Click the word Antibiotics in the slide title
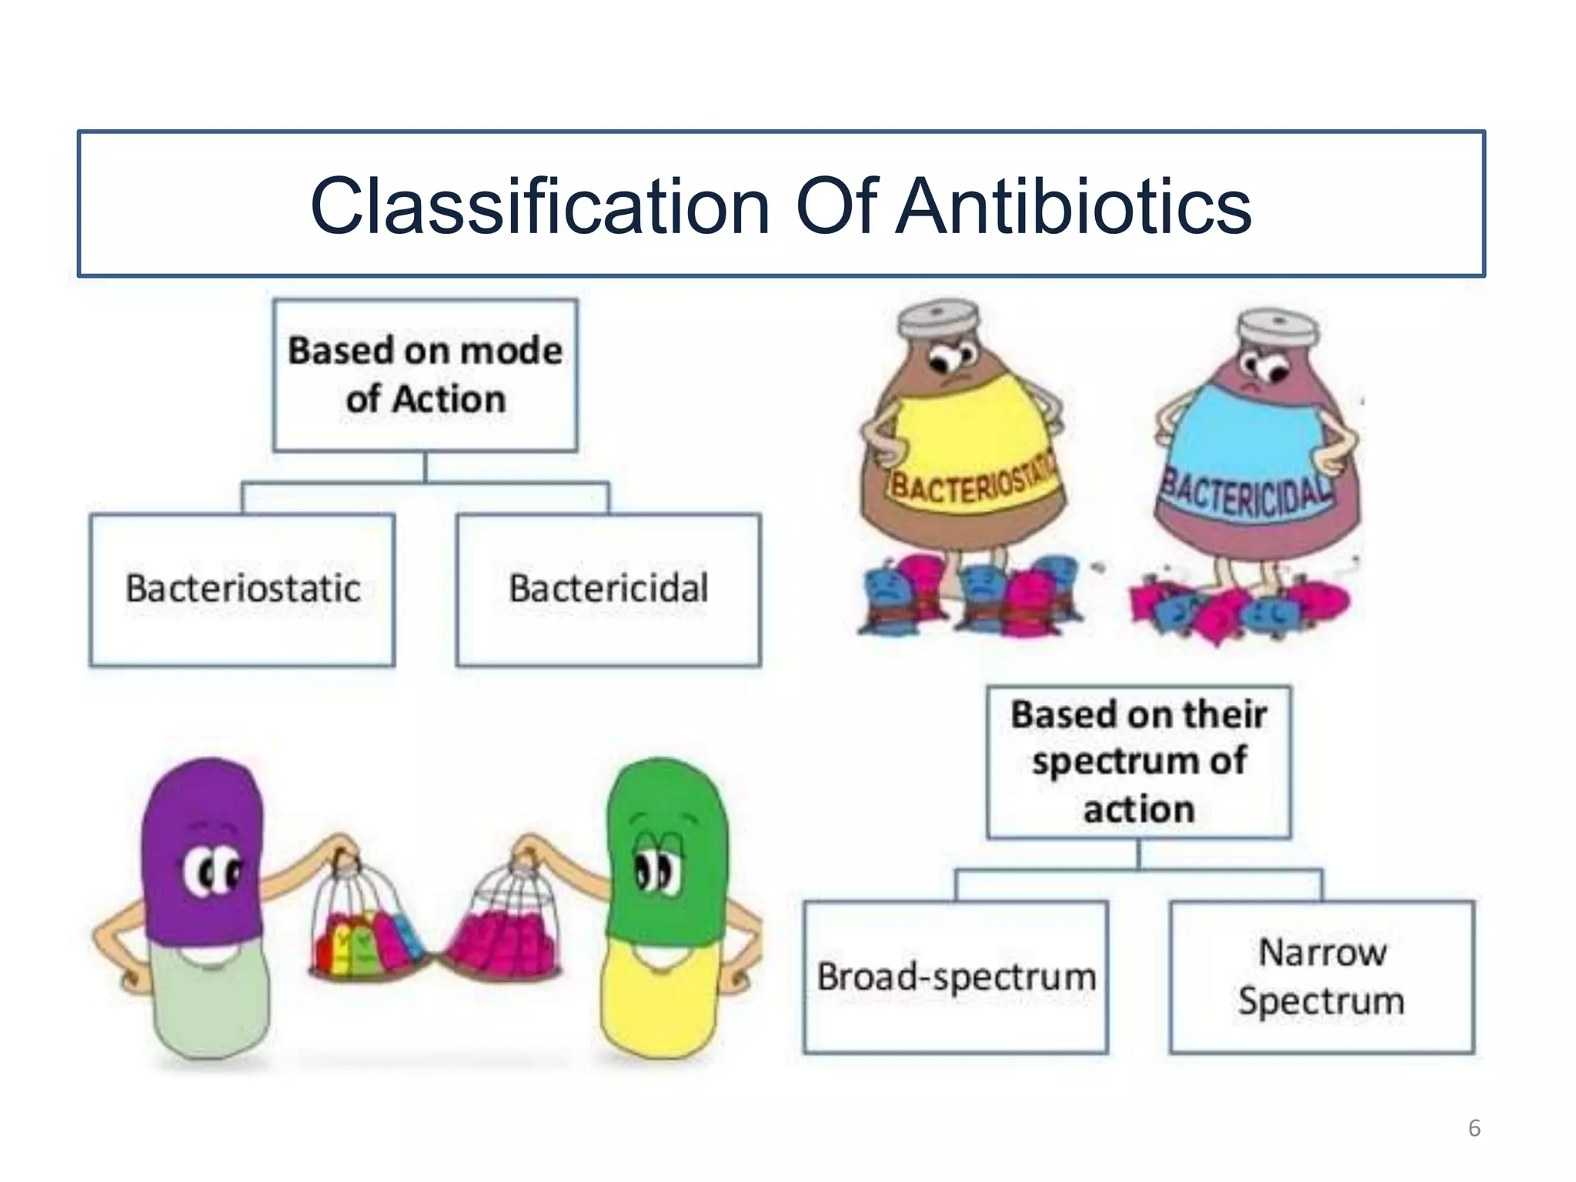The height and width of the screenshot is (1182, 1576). click(x=1074, y=206)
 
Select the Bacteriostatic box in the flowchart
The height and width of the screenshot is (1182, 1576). click(x=242, y=589)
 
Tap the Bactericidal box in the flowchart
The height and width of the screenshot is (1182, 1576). click(x=608, y=589)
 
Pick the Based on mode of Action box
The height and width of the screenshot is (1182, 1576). click(x=425, y=375)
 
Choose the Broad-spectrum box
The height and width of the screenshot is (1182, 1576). click(x=956, y=977)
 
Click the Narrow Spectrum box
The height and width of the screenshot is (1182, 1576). click(x=1321, y=977)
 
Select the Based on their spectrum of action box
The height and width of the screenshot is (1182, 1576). click(x=1139, y=761)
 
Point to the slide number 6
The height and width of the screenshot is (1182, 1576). click(x=1474, y=1128)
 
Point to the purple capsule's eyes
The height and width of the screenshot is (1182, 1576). click(x=211, y=873)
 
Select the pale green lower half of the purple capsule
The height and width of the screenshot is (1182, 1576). click(x=211, y=1000)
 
